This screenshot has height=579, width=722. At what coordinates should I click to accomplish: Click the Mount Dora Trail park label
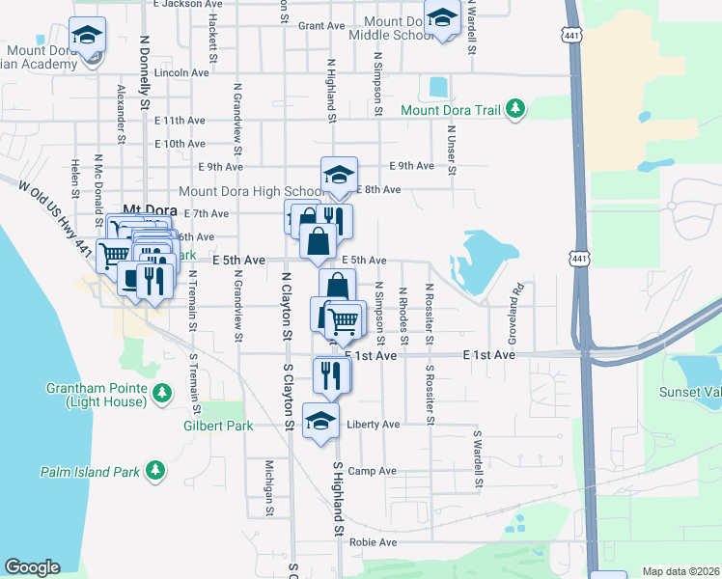(451, 110)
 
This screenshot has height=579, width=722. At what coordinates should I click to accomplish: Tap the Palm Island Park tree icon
(155, 472)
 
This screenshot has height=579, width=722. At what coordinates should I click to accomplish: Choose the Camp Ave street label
(373, 471)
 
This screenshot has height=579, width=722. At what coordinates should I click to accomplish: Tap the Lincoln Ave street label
(181, 72)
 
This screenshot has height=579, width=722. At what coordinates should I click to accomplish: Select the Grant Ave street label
(321, 25)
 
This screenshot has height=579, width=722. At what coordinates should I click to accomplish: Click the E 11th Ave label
(180, 121)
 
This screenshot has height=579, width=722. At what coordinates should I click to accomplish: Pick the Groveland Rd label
(518, 301)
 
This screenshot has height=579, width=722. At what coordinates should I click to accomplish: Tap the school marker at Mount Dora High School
(339, 175)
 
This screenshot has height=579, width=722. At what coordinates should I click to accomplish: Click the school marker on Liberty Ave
(321, 421)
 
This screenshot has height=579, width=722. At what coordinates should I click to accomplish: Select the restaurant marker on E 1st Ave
(332, 373)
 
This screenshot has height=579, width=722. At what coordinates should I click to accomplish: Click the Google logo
(32, 567)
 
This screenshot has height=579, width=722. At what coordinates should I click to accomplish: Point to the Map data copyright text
(680, 571)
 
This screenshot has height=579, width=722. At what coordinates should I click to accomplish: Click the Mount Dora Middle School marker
(443, 18)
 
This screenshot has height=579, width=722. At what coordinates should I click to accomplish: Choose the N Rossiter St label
(430, 314)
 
